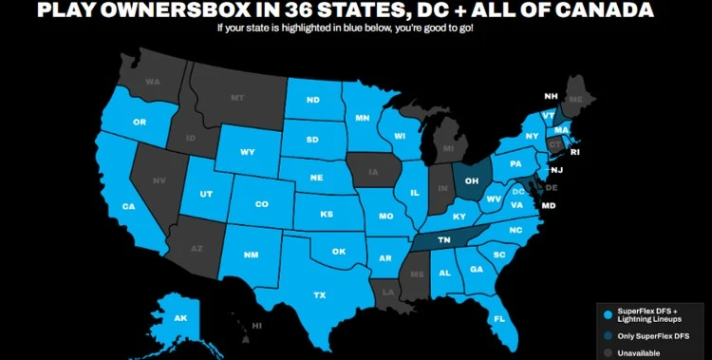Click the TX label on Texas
(320, 295)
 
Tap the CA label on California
(128, 206)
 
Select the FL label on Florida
(498, 318)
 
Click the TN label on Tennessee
(443, 241)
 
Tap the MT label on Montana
(237, 98)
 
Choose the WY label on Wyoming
(248, 152)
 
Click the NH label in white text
(550, 96)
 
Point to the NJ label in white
(556, 170)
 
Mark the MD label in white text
(548, 205)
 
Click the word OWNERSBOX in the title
(186, 11)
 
